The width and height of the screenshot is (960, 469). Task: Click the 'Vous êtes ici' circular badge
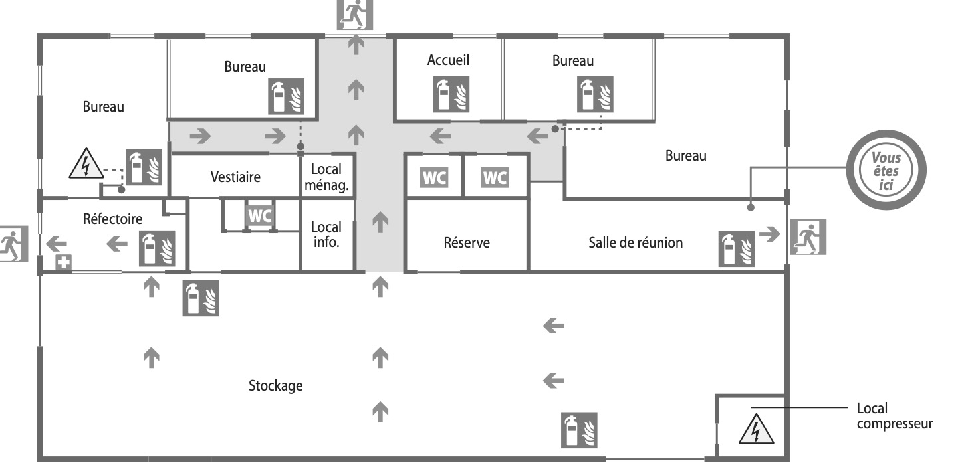click(x=886, y=170)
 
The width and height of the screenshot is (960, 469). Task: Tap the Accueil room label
click(x=448, y=60)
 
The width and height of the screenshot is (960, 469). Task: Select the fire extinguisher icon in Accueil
click(x=451, y=94)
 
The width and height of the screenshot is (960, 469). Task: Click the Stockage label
click(x=276, y=385)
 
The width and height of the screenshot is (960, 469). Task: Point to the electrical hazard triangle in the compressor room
click(x=756, y=429)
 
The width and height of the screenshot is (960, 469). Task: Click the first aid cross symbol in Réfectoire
click(x=63, y=262)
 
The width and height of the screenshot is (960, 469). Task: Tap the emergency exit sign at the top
click(x=355, y=15)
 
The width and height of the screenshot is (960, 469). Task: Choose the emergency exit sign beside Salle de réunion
click(x=808, y=237)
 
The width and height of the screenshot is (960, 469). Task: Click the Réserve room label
click(x=466, y=243)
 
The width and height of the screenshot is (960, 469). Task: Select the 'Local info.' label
click(x=326, y=234)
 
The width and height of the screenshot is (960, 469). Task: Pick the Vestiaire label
click(x=235, y=177)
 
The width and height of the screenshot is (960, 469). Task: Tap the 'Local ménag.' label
click(x=326, y=177)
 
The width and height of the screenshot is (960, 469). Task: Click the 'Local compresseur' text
click(x=894, y=416)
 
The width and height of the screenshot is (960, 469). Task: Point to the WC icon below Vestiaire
click(x=260, y=216)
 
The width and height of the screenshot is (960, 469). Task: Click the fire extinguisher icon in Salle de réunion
click(x=736, y=249)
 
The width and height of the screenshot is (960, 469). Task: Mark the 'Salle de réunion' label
click(x=635, y=243)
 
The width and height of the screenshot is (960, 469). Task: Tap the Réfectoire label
click(x=113, y=219)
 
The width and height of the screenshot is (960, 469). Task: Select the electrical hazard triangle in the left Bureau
click(x=86, y=163)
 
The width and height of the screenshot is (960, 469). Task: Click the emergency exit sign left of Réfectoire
click(x=13, y=243)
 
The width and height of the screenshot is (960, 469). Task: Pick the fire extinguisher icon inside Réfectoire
click(x=157, y=248)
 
